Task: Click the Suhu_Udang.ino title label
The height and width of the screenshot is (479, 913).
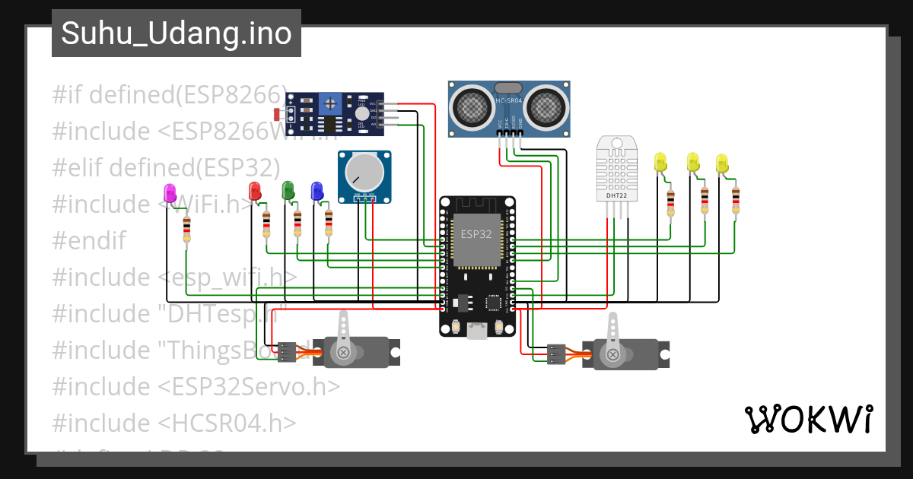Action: [177, 33]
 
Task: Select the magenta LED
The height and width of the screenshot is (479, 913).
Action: [170, 193]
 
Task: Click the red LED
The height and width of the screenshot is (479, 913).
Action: [256, 191]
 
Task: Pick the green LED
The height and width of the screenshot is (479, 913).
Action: [288, 190]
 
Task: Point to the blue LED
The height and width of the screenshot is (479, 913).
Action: [317, 191]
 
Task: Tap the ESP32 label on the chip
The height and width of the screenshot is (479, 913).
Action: [476, 234]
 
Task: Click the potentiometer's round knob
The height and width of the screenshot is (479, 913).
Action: [364, 173]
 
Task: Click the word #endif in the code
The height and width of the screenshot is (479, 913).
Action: [88, 241]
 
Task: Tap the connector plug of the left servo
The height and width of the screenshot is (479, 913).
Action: [287, 352]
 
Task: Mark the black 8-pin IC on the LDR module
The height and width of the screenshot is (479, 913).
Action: [329, 124]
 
